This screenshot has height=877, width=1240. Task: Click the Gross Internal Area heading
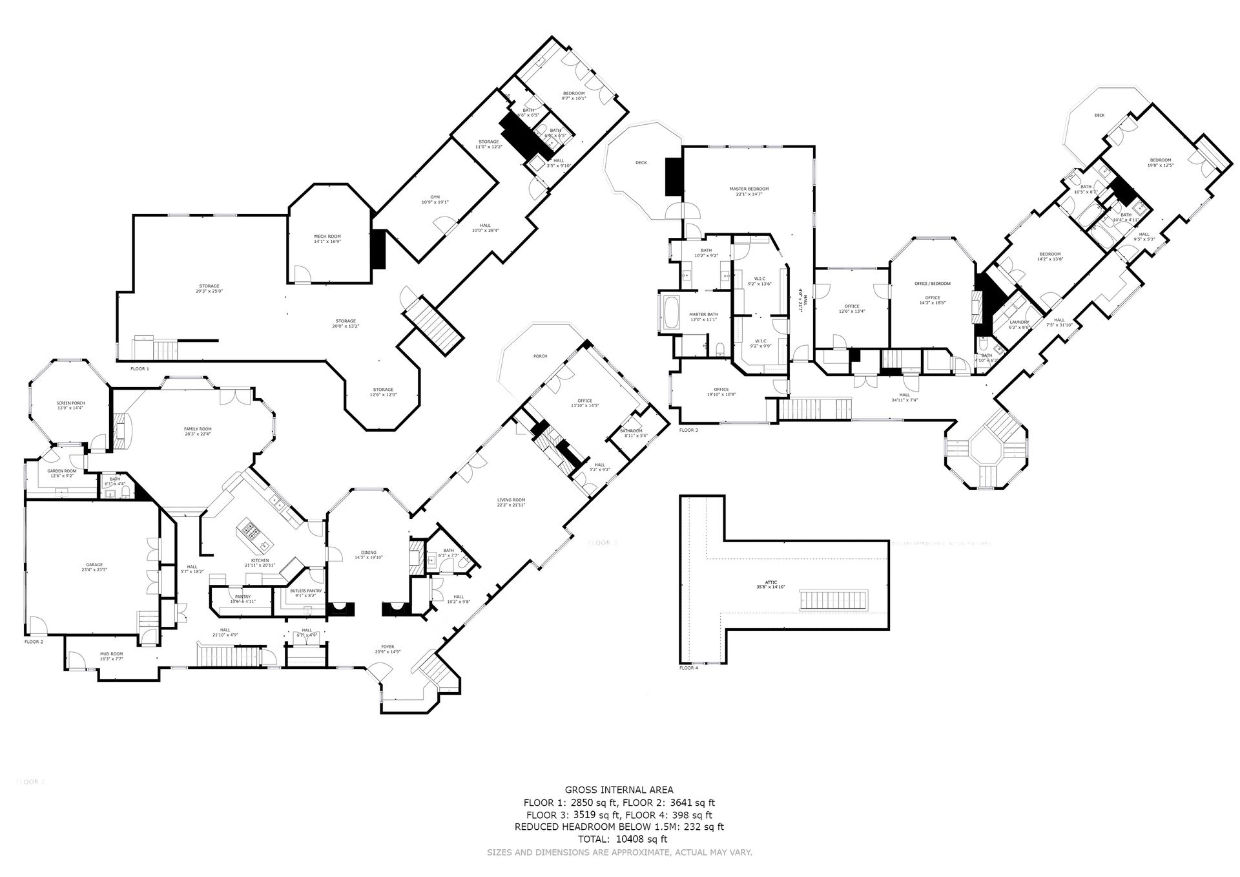point(619,790)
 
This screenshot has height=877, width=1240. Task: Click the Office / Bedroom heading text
point(932,284)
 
